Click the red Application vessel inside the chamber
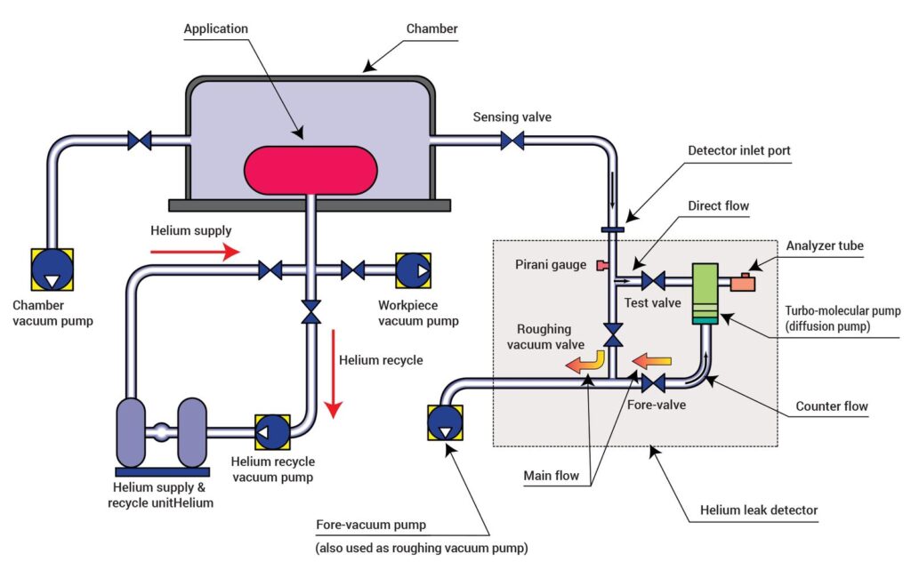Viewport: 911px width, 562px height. point(309,170)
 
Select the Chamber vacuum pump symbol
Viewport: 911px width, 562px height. point(51,269)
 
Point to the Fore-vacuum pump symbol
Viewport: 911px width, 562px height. point(444,423)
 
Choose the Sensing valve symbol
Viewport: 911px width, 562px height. point(512,140)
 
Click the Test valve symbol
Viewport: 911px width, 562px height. point(654,281)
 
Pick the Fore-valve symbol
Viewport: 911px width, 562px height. point(654,383)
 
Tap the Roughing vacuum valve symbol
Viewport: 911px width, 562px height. point(614,334)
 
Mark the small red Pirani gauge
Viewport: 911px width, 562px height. point(602,265)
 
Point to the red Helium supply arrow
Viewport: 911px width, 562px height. point(195,253)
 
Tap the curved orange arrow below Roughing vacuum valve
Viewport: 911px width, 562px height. point(588,363)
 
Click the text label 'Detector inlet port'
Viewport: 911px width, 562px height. point(738,151)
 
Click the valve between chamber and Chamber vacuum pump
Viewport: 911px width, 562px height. point(140,140)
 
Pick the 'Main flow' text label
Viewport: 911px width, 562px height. point(552,476)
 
